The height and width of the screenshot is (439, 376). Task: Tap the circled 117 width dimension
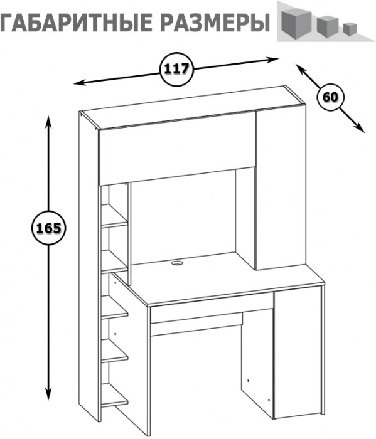click(x=177, y=69)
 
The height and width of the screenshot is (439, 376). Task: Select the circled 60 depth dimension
click(x=331, y=98)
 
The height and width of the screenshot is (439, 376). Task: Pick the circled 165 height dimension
click(x=49, y=228)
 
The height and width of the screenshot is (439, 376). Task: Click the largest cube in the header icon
click(x=296, y=24)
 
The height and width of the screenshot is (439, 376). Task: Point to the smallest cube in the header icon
click(x=350, y=29)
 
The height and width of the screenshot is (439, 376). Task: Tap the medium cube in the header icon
click(x=328, y=26)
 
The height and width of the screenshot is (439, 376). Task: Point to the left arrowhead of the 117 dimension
click(x=78, y=83)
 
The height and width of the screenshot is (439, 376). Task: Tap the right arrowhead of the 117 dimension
click(x=272, y=60)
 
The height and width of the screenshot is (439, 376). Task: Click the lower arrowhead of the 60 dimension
click(x=360, y=128)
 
